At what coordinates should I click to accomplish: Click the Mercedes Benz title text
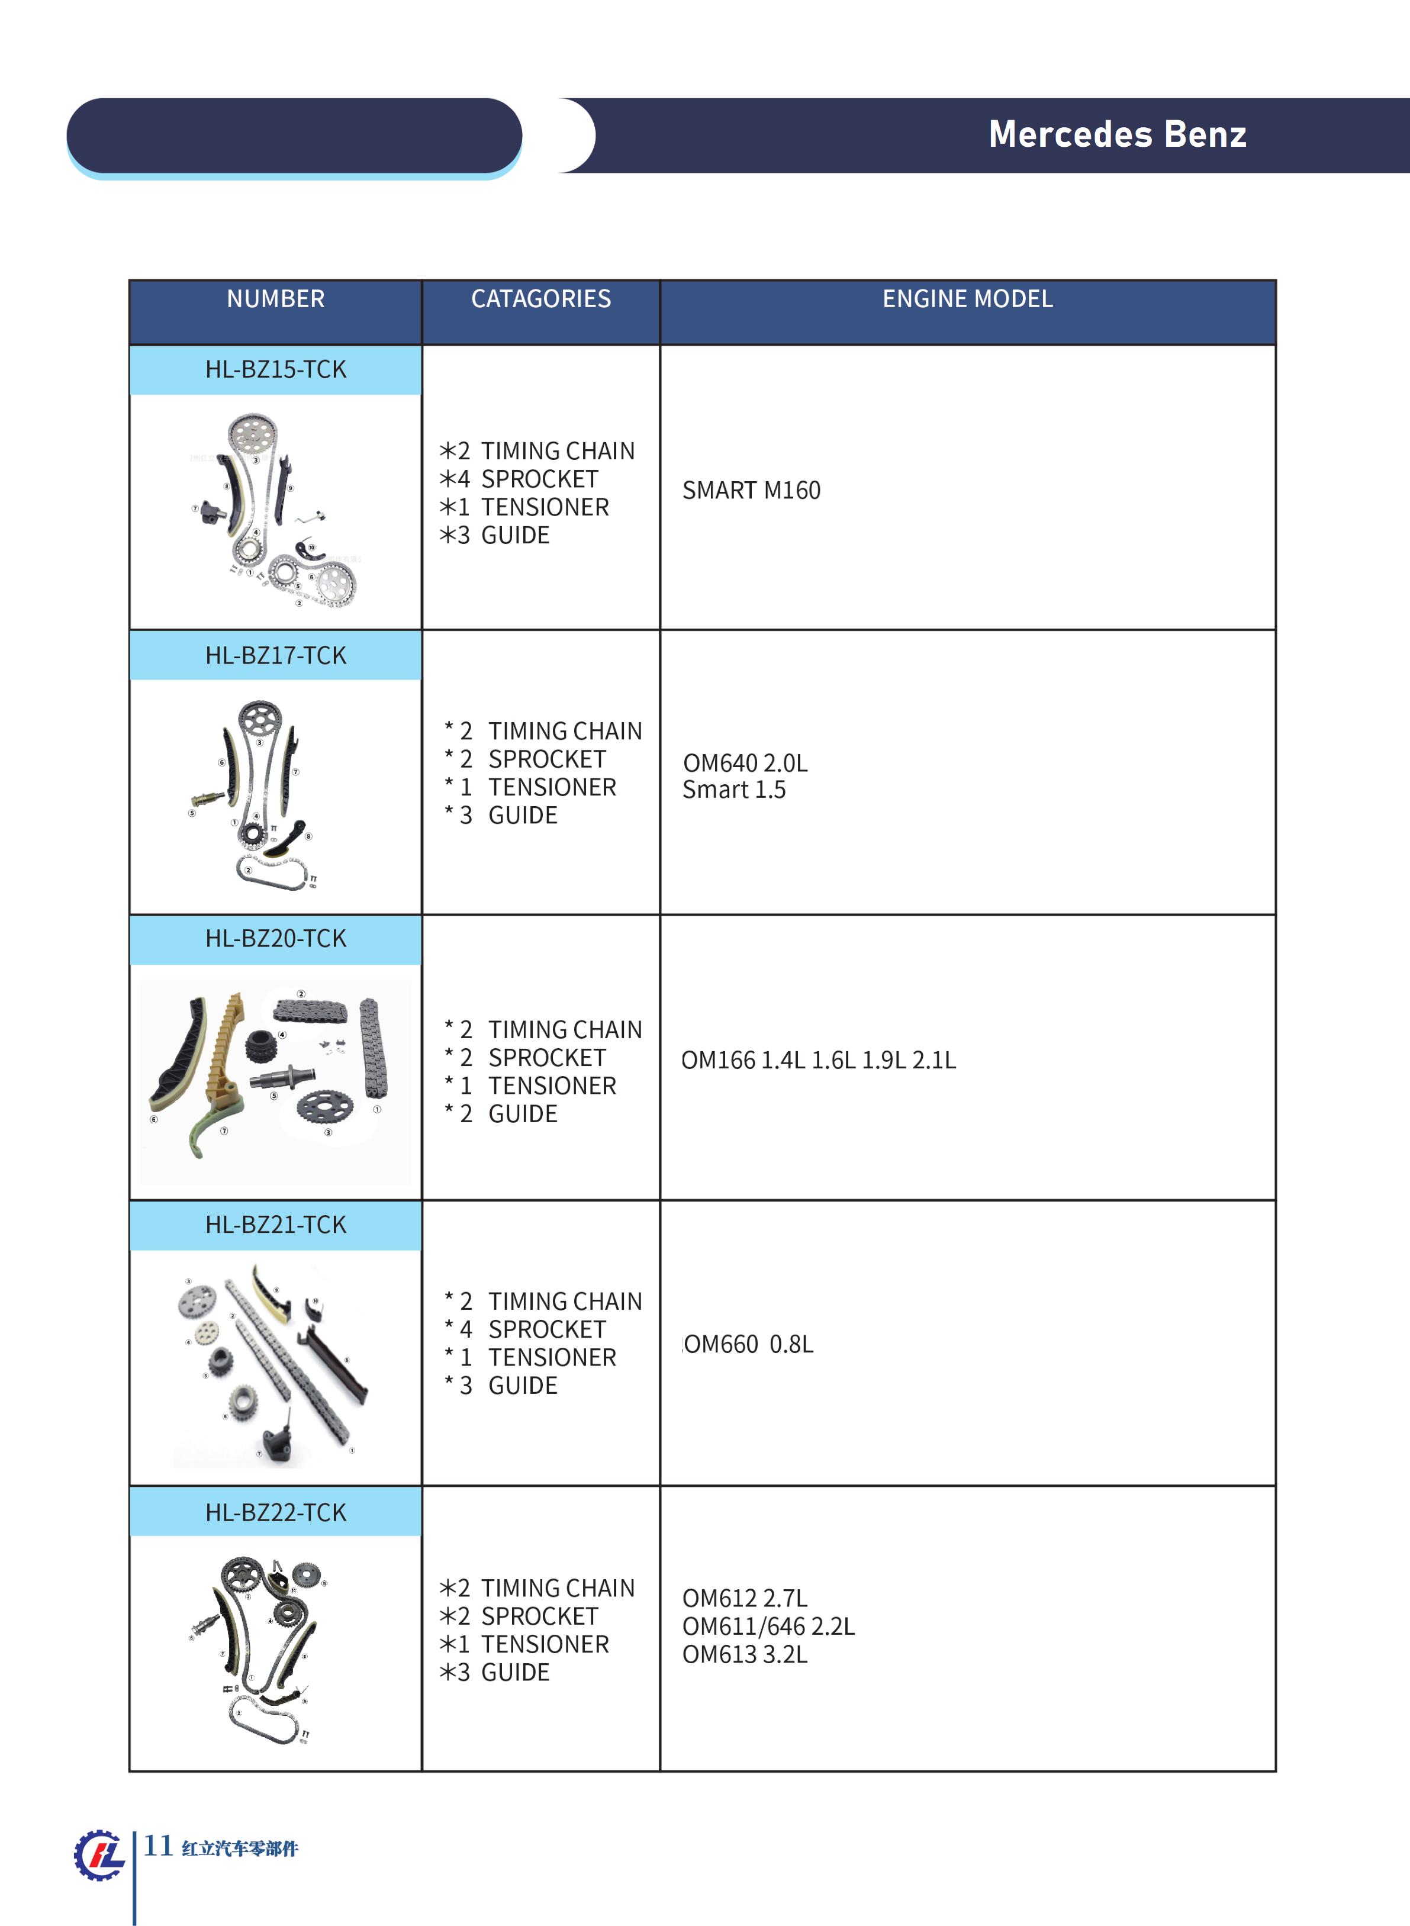1116,134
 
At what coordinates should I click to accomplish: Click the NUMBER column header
276,299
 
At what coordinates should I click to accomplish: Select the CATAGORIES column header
541,299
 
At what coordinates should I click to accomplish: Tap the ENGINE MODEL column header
967,299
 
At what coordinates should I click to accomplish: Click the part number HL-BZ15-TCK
276,369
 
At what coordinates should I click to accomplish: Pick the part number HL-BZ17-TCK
276,655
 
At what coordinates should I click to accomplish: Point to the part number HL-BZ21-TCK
276,1225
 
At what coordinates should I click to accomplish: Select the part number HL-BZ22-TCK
276,1512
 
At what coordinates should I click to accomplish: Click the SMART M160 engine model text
751,491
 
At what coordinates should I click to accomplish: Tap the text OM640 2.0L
745,763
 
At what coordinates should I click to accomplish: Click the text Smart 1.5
734,790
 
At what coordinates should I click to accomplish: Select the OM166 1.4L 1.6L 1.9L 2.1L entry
817,1060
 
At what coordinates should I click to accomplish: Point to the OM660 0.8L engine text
749,1345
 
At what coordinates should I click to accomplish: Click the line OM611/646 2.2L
768,1627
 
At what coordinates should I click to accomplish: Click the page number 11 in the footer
158,1845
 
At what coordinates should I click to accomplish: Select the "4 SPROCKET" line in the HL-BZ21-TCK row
533,1329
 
